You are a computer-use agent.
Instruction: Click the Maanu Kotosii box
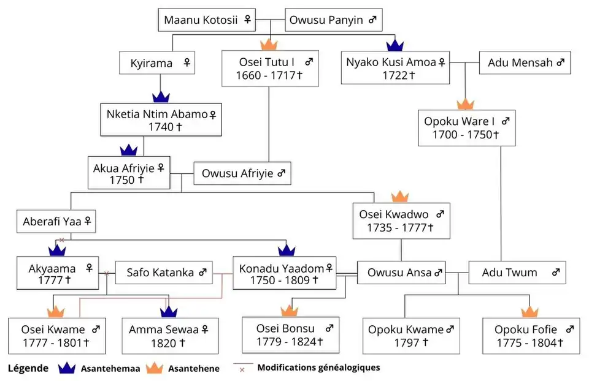(x=207, y=20)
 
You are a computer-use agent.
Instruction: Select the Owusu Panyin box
(x=334, y=20)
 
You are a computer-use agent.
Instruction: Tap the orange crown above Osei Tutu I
(x=269, y=45)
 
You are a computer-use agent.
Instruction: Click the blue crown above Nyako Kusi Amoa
(x=395, y=44)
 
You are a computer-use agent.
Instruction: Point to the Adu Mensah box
(x=525, y=62)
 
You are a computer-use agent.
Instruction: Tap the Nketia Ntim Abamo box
(x=161, y=120)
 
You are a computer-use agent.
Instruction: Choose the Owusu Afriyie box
(x=242, y=173)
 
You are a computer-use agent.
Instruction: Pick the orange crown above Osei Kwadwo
(x=399, y=197)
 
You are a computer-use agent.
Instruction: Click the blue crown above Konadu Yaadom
(x=287, y=249)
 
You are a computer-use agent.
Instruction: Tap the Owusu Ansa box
(x=402, y=273)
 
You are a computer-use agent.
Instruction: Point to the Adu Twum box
(x=517, y=273)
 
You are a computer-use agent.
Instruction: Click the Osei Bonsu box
(x=290, y=334)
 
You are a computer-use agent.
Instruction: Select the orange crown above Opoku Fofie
(x=529, y=312)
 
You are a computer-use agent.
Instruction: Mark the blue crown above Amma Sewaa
(x=169, y=312)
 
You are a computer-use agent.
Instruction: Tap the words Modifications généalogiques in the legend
(x=318, y=368)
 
